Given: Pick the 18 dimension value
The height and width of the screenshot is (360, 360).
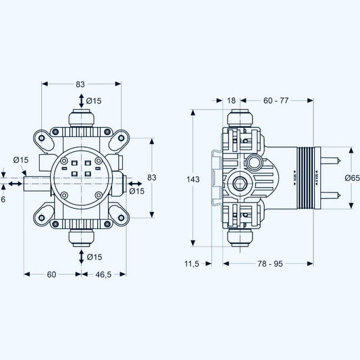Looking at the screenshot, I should click(x=232, y=101).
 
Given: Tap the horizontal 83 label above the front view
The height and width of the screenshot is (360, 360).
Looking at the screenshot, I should click(x=80, y=84).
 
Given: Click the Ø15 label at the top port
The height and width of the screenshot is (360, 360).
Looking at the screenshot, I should click(x=94, y=101).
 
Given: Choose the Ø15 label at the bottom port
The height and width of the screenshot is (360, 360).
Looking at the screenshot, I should click(x=94, y=257).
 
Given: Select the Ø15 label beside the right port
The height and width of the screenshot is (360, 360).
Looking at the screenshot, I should click(x=136, y=191).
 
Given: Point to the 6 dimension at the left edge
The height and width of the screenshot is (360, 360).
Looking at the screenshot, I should click(x=3, y=199).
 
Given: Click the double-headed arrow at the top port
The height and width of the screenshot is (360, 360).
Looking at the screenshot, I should click(x=82, y=101).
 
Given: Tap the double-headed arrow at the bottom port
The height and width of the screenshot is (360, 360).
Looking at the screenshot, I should click(x=82, y=257).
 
